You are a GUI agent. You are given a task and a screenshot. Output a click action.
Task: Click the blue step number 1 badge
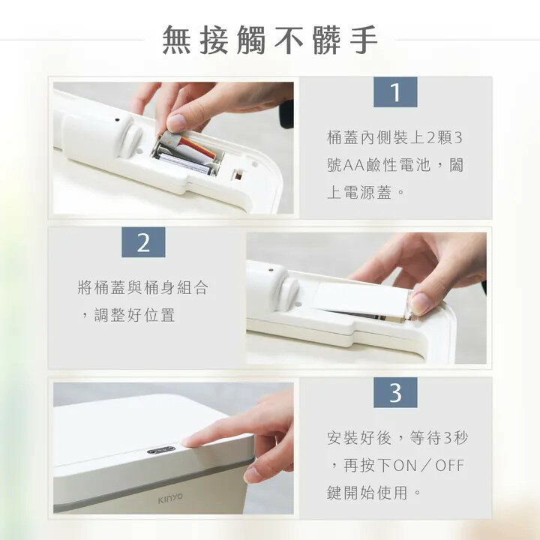click(395, 92)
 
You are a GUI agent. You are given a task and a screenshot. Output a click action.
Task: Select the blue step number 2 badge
click(143, 242)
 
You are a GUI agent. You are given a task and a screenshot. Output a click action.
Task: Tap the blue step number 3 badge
click(395, 392)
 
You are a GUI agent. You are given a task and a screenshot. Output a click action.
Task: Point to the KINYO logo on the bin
click(169, 496)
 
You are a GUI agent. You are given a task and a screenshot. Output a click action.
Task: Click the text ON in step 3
click(406, 466)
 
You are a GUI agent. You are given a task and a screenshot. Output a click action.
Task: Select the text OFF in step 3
click(450, 466)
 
